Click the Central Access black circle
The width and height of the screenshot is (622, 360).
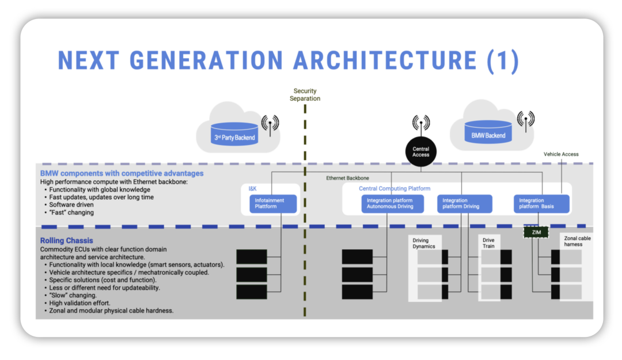point(420,151)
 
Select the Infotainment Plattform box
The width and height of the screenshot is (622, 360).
point(273,204)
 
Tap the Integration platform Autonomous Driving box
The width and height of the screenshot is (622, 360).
point(392,204)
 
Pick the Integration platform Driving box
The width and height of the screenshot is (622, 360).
point(465,204)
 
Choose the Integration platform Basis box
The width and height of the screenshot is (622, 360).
point(541,204)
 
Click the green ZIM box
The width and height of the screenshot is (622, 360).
point(536,232)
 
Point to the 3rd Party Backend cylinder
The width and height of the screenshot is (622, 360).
point(234,134)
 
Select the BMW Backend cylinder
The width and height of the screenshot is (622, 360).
point(488,132)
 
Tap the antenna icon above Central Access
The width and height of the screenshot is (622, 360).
point(421,124)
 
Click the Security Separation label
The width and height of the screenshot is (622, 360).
point(305,95)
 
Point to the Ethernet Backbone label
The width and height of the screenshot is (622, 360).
point(347,178)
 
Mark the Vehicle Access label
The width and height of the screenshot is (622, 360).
point(561,154)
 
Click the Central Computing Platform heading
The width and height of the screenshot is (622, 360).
point(395,188)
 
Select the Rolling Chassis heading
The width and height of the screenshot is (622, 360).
point(66,241)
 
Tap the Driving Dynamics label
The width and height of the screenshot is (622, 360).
point(424,243)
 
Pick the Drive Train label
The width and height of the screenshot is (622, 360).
point(488,243)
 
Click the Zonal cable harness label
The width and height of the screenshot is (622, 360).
point(577,241)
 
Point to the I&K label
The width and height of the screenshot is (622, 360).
point(253,188)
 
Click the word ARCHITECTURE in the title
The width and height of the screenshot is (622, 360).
point(385,60)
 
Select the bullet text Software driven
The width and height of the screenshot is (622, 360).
point(71,205)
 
